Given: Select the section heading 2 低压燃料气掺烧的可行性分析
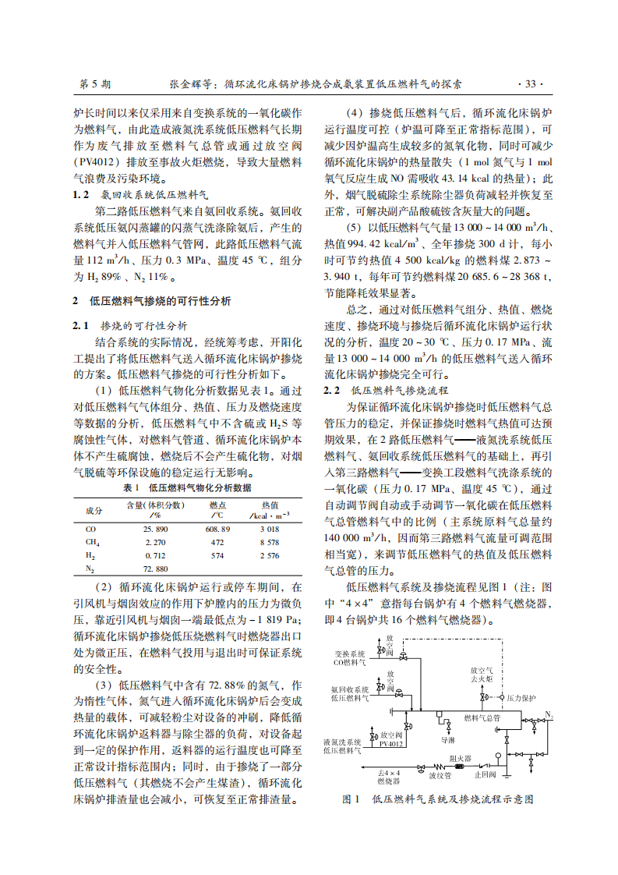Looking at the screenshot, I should click(152, 301).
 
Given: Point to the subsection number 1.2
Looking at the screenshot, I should click(81, 193).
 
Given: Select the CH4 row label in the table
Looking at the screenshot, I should click(93, 542).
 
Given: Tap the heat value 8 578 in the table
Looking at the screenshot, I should click(269, 542).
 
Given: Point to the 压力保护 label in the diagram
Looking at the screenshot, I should click(521, 698).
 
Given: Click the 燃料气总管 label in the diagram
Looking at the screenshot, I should click(482, 717).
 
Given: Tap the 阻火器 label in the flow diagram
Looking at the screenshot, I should click(457, 756).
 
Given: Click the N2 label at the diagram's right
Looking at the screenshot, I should click(549, 714).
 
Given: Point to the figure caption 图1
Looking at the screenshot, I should click(351, 799).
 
